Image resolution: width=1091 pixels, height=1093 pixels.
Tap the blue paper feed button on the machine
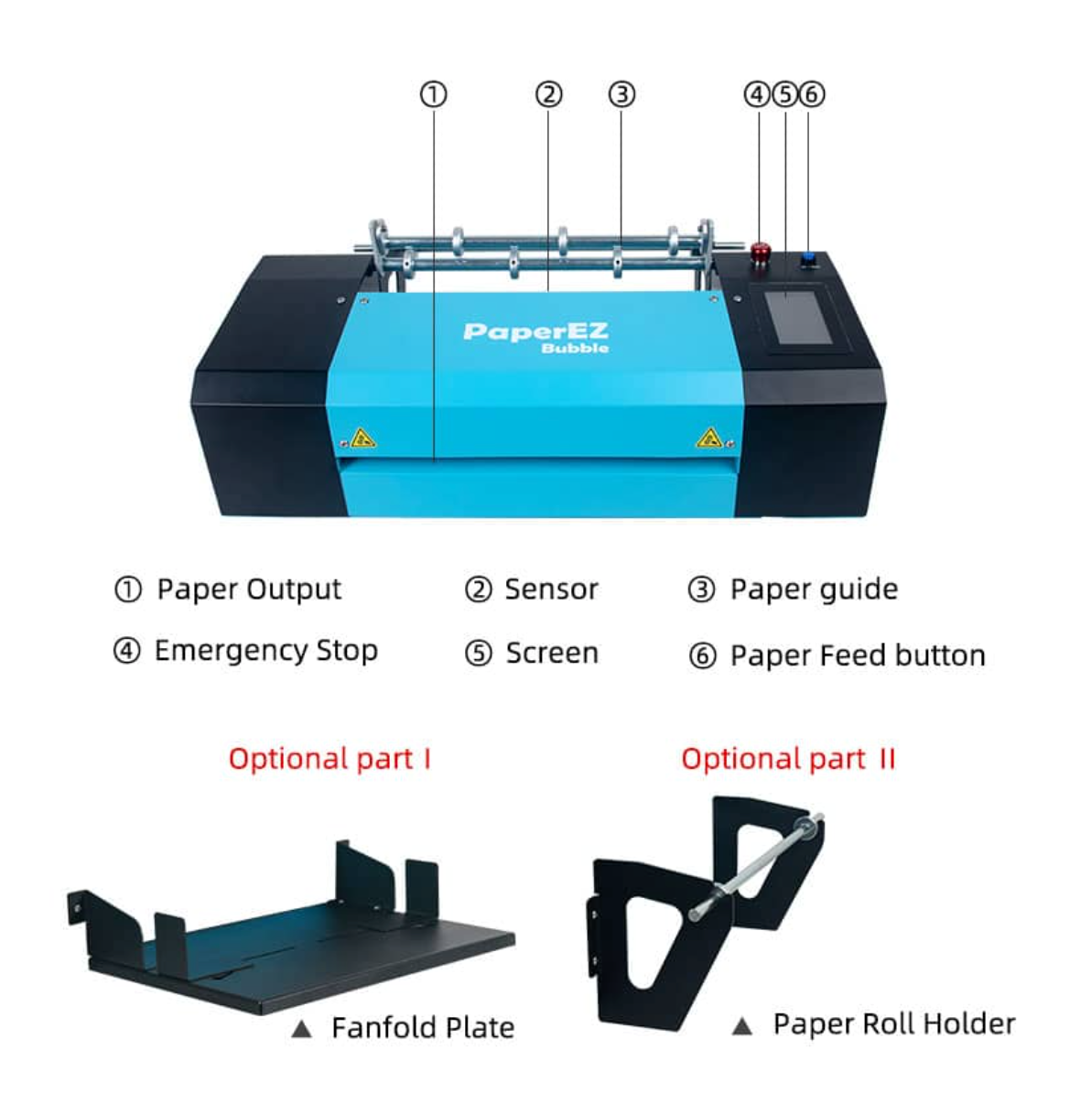click(810, 259)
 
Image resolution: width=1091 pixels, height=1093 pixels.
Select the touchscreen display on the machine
click(798, 317)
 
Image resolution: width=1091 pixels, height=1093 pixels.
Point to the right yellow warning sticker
click(709, 438)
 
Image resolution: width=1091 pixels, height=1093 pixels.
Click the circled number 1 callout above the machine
click(433, 94)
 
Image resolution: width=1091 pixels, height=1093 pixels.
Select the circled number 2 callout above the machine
click(548, 94)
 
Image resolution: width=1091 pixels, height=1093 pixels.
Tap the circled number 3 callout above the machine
click(621, 94)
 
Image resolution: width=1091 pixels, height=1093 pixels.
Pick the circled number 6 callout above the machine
click(812, 94)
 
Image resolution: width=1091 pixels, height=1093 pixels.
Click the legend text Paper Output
click(249, 590)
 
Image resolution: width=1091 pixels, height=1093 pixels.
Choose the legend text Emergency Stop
click(265, 651)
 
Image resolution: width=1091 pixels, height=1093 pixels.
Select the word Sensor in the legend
click(551, 590)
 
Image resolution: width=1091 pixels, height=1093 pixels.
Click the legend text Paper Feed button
click(858, 655)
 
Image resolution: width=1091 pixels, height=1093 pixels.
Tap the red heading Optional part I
click(329, 759)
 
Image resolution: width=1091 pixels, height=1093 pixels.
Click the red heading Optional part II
click(788, 759)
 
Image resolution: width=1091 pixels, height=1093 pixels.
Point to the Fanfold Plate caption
click(422, 1028)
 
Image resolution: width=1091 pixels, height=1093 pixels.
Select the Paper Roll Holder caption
click(893, 1023)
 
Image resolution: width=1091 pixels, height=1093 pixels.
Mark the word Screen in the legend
click(552, 654)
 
